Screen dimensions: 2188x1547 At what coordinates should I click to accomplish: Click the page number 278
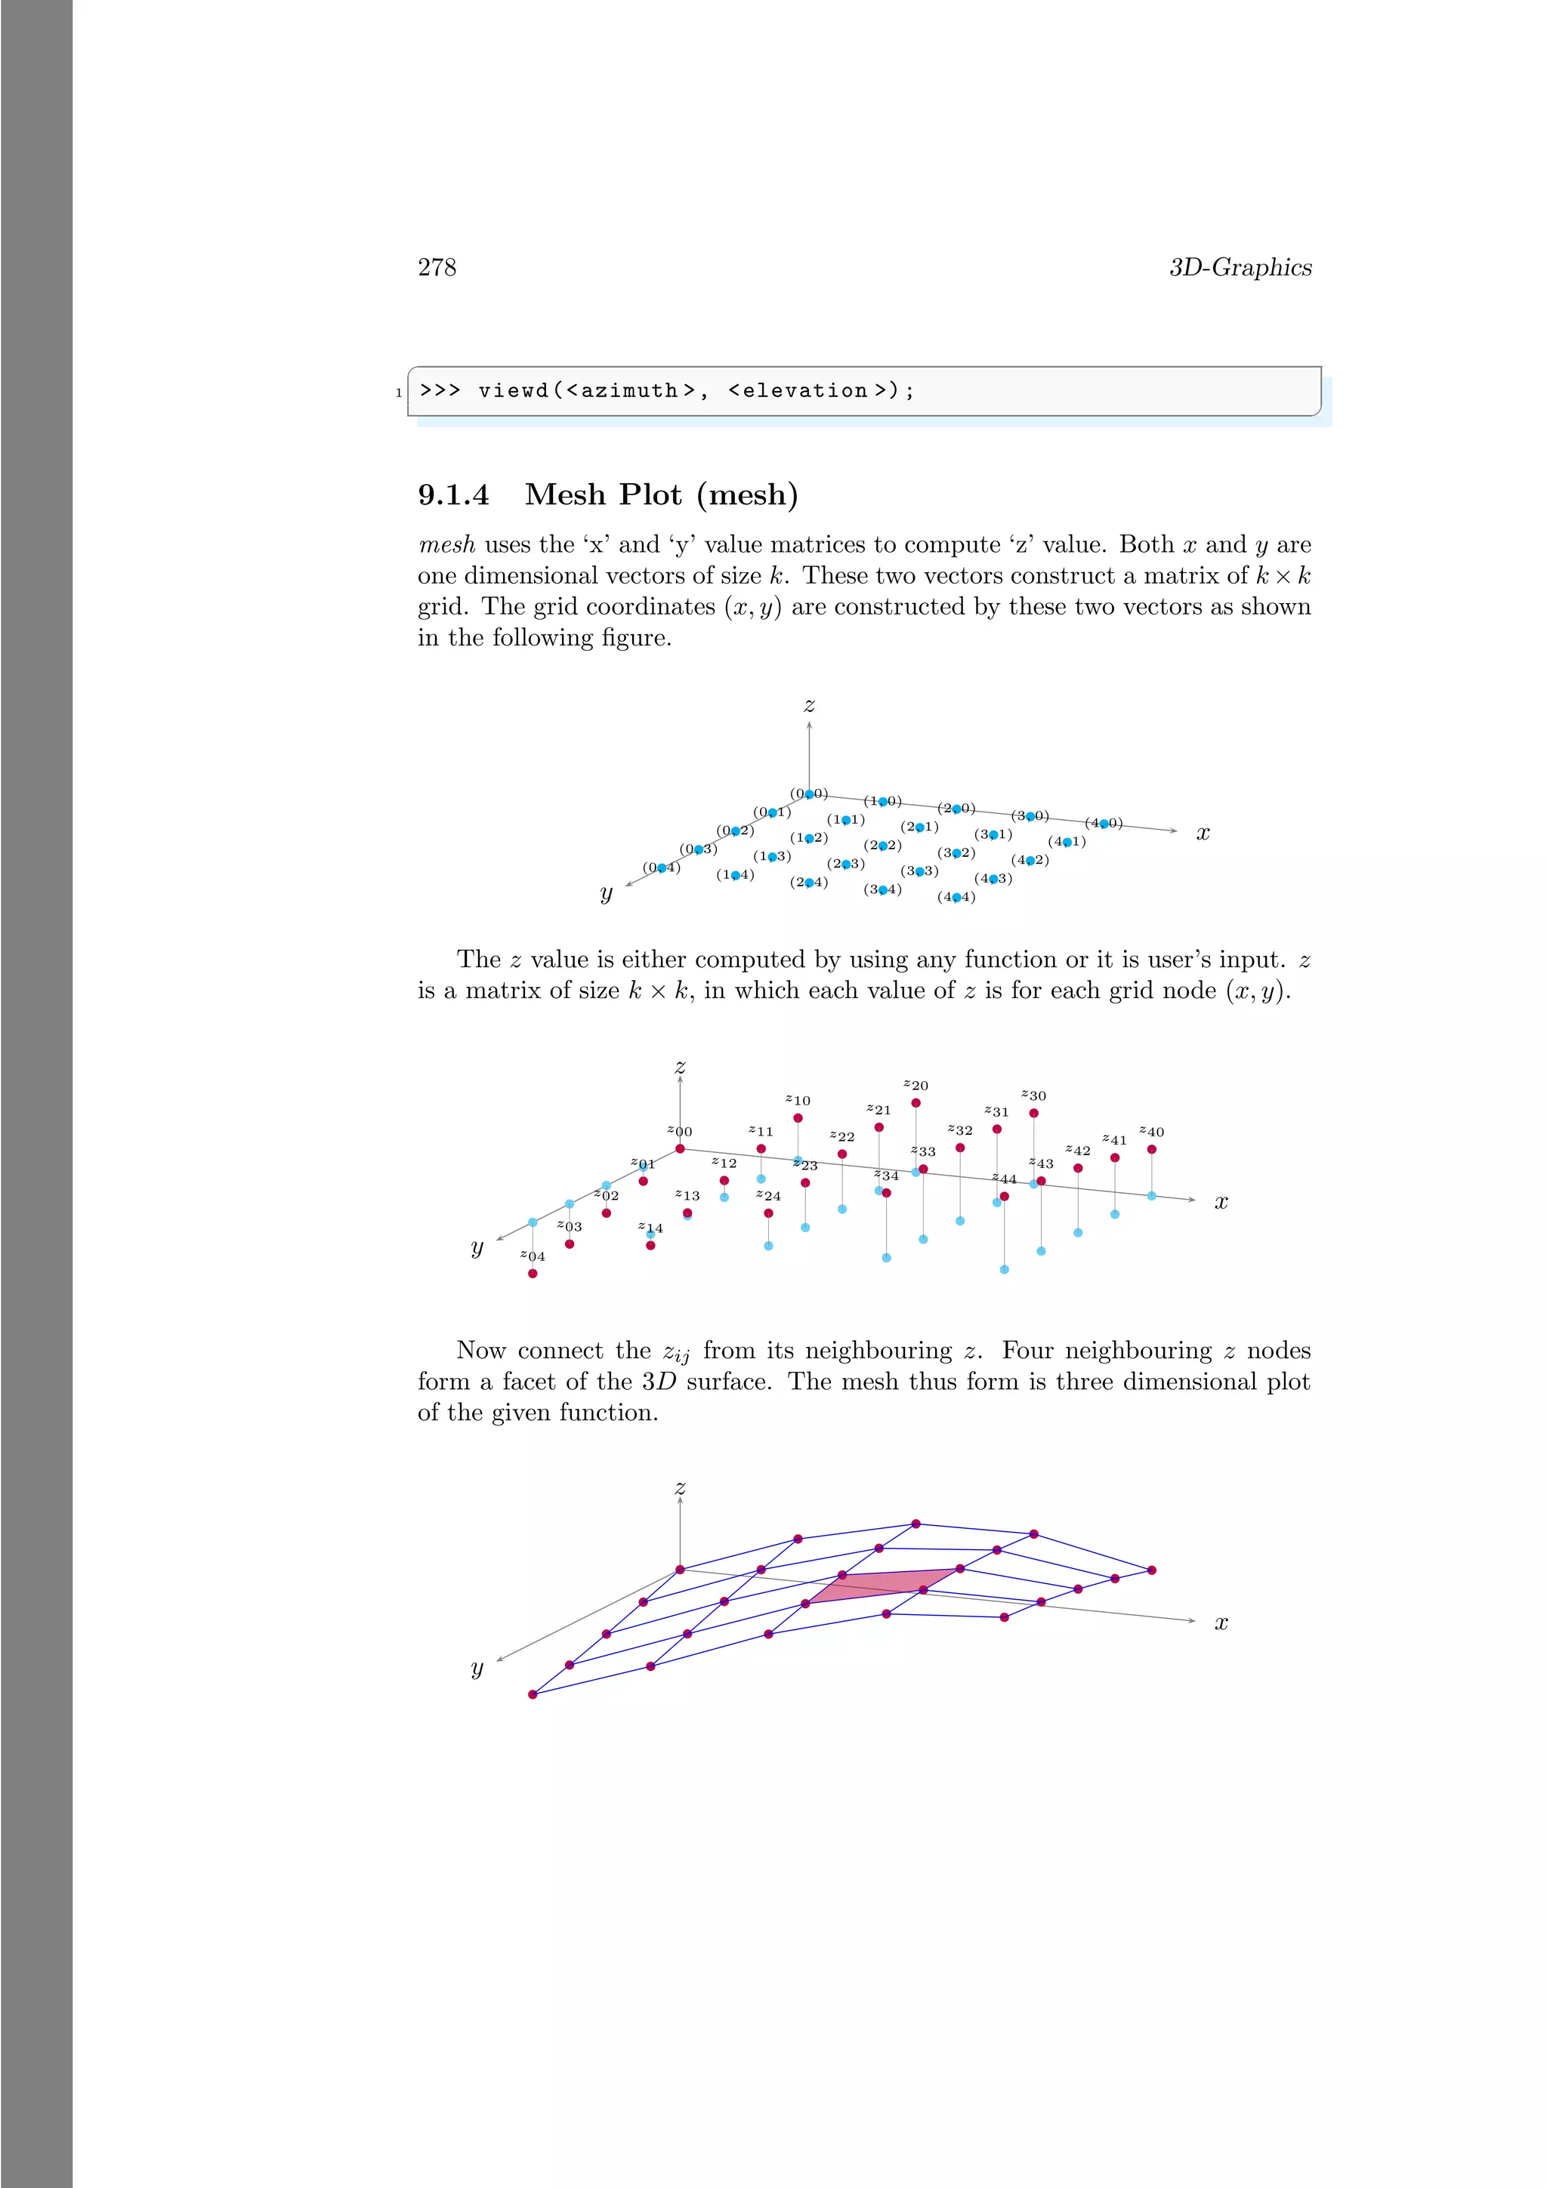tap(437, 268)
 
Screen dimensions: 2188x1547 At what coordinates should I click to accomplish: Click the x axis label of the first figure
tap(1203, 833)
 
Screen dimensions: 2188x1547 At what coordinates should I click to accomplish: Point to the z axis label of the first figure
tap(809, 705)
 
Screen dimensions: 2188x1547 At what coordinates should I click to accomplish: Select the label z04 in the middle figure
tap(532, 1256)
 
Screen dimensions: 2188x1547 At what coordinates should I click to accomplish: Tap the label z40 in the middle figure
tap(1151, 1132)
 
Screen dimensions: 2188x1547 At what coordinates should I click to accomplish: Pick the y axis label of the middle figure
tap(477, 1247)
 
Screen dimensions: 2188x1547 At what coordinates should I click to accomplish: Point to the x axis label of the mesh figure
tap(1221, 1622)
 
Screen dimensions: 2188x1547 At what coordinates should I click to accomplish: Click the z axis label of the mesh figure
tap(680, 1487)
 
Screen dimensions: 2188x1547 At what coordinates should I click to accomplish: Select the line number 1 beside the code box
tap(398, 393)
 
